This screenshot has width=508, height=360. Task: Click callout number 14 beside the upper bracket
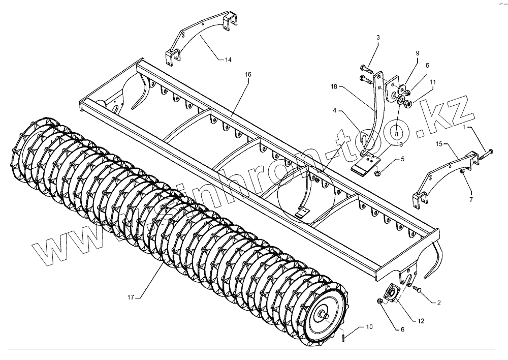pyautogui.click(x=228, y=60)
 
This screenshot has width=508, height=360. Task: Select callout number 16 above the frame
pyautogui.click(x=247, y=75)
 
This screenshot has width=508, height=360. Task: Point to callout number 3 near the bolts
pyautogui.click(x=377, y=38)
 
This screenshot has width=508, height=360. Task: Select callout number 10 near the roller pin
pyautogui.click(x=368, y=326)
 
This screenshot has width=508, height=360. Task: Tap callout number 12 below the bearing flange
pyautogui.click(x=421, y=321)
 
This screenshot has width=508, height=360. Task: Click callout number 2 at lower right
pyautogui.click(x=439, y=303)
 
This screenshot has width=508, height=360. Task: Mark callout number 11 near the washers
pyautogui.click(x=432, y=81)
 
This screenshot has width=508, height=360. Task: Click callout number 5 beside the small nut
pyautogui.click(x=402, y=159)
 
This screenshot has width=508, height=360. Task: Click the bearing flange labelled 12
pyautogui.click(x=393, y=295)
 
